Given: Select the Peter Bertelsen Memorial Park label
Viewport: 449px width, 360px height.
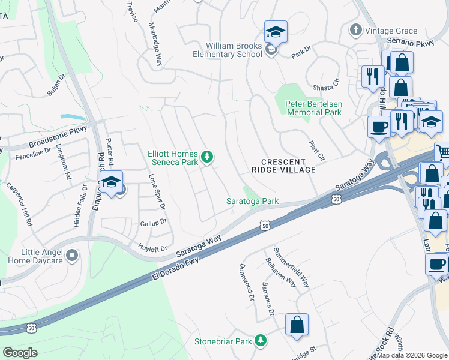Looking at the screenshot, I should (x=313, y=108).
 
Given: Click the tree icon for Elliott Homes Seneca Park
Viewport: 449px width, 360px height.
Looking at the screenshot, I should (x=207, y=157).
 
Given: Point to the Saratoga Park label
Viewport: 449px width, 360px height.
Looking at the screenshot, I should (x=252, y=202).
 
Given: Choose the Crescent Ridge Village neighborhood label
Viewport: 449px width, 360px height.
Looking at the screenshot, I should (x=288, y=166).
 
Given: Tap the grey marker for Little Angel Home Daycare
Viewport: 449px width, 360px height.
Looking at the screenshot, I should (x=73, y=256).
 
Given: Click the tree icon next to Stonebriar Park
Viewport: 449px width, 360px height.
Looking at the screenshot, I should (x=260, y=341).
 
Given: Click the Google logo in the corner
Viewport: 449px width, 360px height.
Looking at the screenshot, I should (x=20, y=352).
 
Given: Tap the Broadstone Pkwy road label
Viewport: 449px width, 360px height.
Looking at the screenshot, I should (x=58, y=137).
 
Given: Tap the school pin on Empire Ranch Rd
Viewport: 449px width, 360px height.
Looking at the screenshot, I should (x=111, y=183).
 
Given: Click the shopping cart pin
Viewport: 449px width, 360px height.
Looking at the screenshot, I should (x=443, y=152).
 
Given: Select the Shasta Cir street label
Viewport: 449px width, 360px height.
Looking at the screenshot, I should (x=327, y=88).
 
